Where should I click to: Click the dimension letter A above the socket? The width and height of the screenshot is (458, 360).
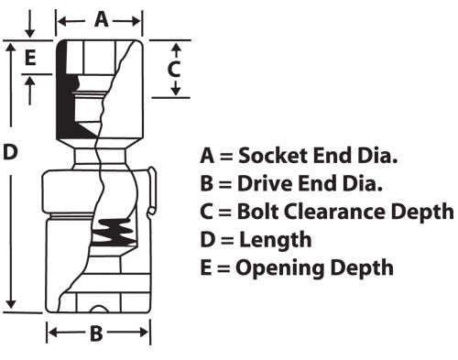point(102,20)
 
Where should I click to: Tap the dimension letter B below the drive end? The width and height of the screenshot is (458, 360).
point(96,333)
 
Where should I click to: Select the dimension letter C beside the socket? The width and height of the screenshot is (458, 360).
point(174,69)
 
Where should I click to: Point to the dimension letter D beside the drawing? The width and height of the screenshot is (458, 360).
point(10,152)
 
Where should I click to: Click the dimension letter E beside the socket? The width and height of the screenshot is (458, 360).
point(30,58)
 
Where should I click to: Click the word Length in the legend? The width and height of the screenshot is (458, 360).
point(276,240)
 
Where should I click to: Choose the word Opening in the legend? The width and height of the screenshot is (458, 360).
point(280,268)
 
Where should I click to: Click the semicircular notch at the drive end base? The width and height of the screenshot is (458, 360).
point(99,309)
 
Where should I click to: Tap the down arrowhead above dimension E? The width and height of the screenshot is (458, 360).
point(29,32)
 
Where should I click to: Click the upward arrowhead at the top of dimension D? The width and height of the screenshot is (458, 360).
point(11,48)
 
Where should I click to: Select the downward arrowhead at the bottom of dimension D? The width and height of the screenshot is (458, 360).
point(11,304)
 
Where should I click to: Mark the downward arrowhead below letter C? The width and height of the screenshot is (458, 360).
point(176,91)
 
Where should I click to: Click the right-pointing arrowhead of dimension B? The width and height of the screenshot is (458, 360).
point(144,333)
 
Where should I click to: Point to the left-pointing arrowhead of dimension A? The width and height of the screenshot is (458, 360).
point(62,21)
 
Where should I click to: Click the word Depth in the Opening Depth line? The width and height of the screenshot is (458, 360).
point(363,268)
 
